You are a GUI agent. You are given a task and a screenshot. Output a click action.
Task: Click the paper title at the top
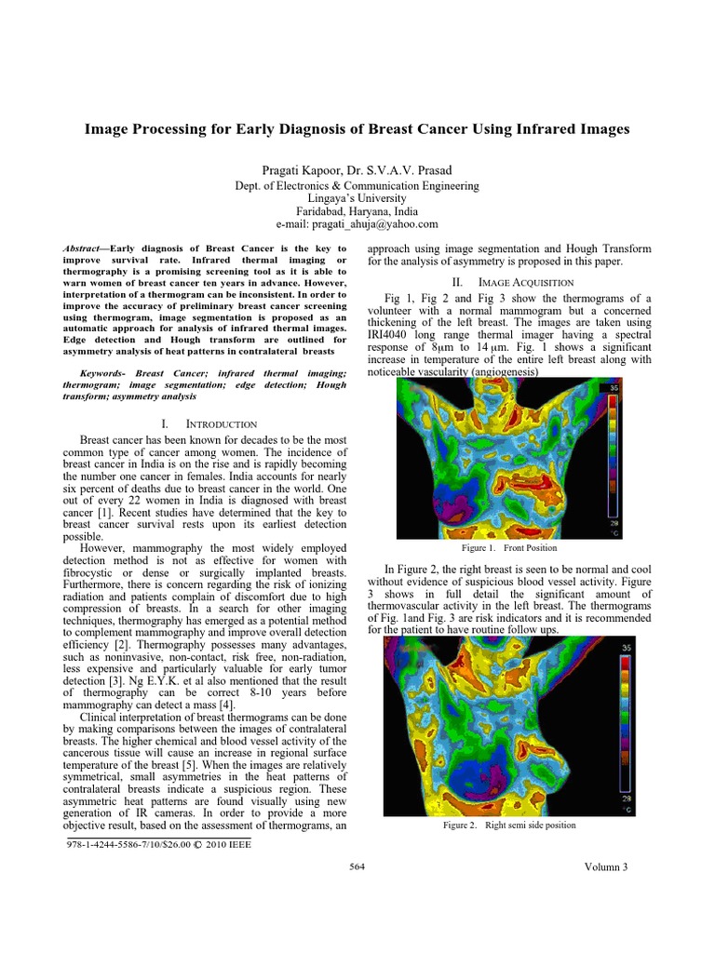pos(357,129)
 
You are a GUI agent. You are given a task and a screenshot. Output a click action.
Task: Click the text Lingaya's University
pos(357,198)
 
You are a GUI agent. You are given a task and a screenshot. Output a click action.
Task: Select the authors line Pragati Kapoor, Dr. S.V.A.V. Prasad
pos(357,168)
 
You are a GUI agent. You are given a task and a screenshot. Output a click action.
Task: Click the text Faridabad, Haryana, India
pos(357,211)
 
